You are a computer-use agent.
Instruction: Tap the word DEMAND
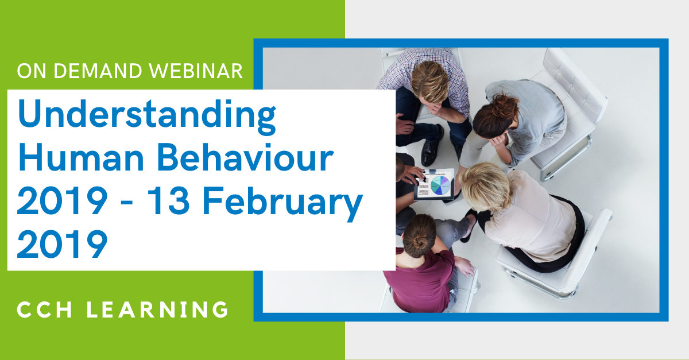tap(98, 71)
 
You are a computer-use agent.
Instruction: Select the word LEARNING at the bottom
tap(157, 309)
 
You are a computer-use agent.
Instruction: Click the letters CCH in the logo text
tap(45, 309)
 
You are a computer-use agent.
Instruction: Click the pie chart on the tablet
tap(440, 185)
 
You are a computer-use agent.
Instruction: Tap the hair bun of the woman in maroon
tap(420, 242)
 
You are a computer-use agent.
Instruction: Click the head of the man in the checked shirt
tap(429, 81)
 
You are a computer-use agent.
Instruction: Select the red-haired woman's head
tap(495, 115)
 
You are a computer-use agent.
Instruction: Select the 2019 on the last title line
tap(62, 245)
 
